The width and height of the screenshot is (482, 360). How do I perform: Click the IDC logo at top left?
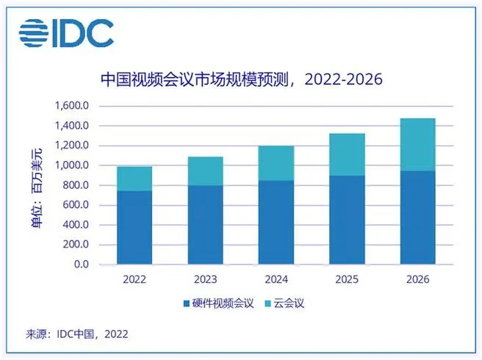(x=67, y=32)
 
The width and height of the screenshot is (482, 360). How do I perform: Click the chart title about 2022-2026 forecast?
(x=242, y=79)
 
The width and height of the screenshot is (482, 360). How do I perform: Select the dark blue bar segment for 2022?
(x=134, y=227)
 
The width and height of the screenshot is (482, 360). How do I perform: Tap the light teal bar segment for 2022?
(x=134, y=179)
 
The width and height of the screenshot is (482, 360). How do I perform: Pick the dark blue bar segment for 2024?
(x=276, y=222)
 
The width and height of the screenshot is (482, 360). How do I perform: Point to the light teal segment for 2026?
(x=417, y=144)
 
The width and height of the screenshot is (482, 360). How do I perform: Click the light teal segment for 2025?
(x=347, y=154)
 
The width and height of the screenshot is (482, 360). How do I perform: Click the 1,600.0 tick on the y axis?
(x=71, y=106)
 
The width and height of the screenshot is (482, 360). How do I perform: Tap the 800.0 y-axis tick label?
(x=76, y=185)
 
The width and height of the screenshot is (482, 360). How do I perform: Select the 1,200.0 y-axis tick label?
(x=71, y=145)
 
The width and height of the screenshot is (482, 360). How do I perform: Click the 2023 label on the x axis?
(x=205, y=280)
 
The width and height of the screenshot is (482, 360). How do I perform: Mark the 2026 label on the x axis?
(x=417, y=280)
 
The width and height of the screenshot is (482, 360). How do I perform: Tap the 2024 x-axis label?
(x=276, y=280)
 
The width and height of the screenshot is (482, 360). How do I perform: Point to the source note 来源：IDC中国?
(x=77, y=334)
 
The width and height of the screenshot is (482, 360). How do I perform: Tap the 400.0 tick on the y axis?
(x=76, y=225)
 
